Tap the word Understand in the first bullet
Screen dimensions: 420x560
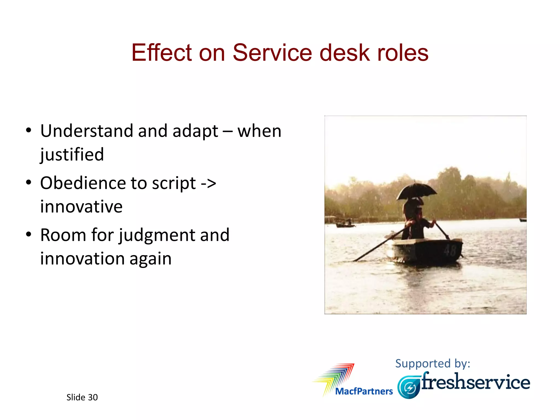click(x=87, y=131)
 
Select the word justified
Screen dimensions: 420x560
click(x=72, y=155)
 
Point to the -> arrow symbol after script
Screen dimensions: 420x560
click(x=208, y=183)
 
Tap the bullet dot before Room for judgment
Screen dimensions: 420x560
click(x=28, y=235)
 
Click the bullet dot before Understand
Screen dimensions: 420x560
click(x=28, y=130)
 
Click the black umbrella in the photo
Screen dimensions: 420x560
click(x=416, y=191)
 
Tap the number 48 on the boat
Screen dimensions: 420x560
click(x=450, y=250)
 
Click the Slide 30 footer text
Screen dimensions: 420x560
click(x=82, y=397)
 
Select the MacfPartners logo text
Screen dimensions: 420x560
click(x=364, y=391)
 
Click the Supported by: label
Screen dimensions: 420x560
click(x=433, y=363)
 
